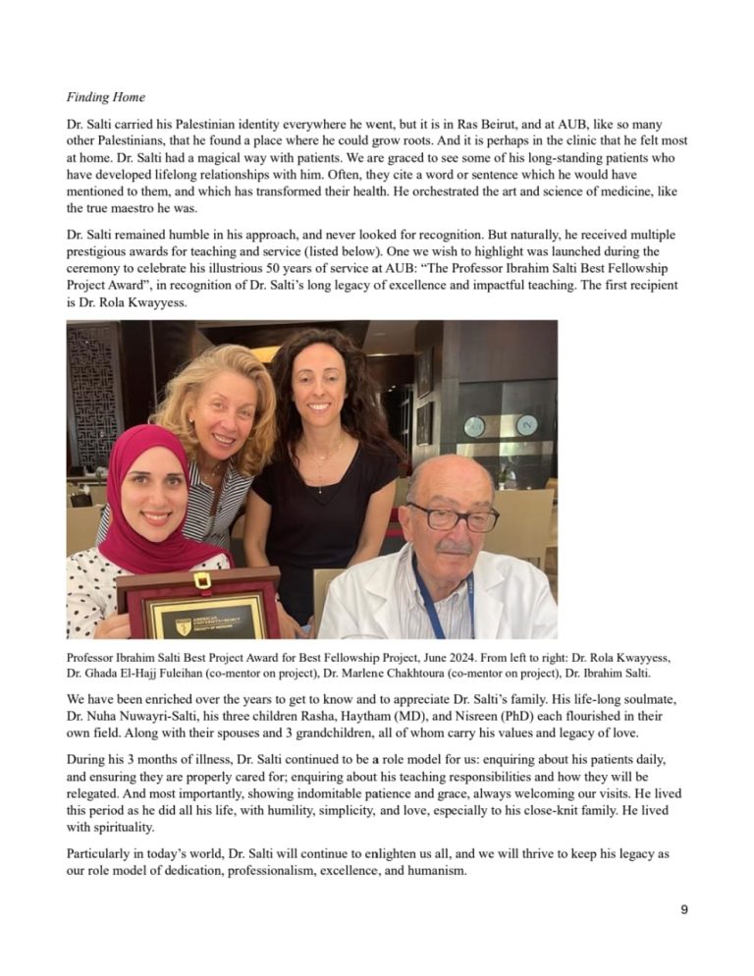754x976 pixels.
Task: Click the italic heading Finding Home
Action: [106, 97]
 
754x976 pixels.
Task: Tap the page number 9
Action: [684, 910]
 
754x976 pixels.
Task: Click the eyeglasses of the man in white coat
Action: [453, 516]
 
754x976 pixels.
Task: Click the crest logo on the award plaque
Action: [184, 624]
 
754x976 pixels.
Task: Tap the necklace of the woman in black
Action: [317, 461]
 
